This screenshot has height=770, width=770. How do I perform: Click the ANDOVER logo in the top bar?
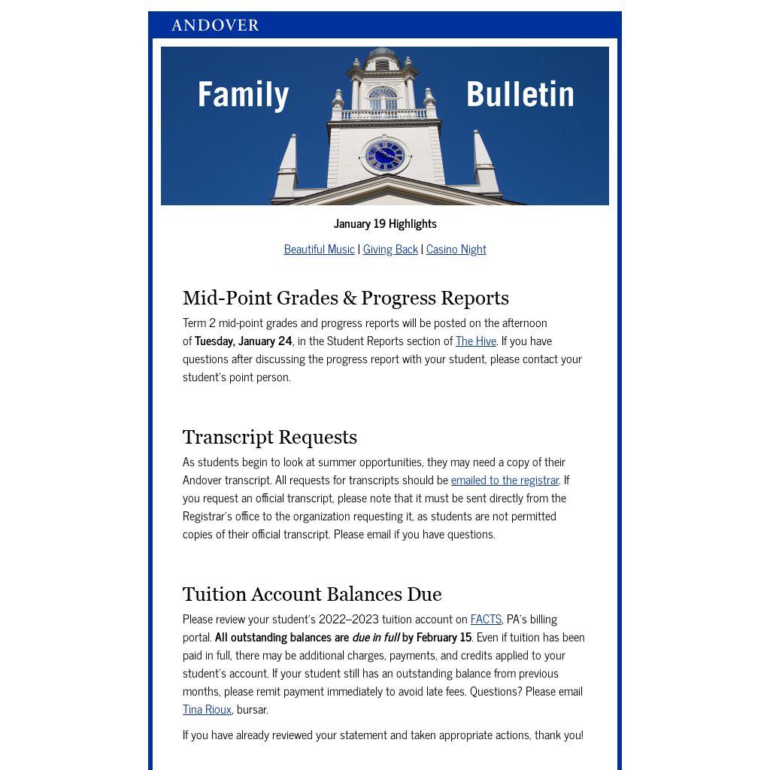click(215, 26)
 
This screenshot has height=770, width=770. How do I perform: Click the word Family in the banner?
click(243, 95)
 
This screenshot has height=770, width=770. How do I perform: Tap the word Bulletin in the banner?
click(520, 95)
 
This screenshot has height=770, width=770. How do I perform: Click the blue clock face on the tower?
click(385, 156)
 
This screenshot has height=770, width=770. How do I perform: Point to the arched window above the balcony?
click(383, 98)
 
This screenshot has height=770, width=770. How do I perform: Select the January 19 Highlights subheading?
click(385, 223)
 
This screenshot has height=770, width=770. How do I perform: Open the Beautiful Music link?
click(319, 249)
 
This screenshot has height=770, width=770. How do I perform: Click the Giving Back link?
click(390, 249)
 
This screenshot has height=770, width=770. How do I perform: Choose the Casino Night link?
click(456, 249)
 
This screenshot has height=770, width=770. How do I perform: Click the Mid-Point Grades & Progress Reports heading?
click(346, 298)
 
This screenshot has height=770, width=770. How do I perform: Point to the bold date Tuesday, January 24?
click(243, 341)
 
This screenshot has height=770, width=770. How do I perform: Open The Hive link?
click(476, 341)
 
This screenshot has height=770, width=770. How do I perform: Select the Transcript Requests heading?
click(270, 437)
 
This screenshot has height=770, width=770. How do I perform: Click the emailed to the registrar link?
click(505, 480)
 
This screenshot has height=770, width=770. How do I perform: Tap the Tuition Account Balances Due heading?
click(312, 594)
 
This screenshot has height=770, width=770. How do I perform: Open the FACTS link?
click(486, 619)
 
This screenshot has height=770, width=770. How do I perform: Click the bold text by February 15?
click(437, 637)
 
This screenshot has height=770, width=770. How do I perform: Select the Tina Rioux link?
click(207, 709)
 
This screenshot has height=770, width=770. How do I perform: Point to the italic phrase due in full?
click(376, 637)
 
